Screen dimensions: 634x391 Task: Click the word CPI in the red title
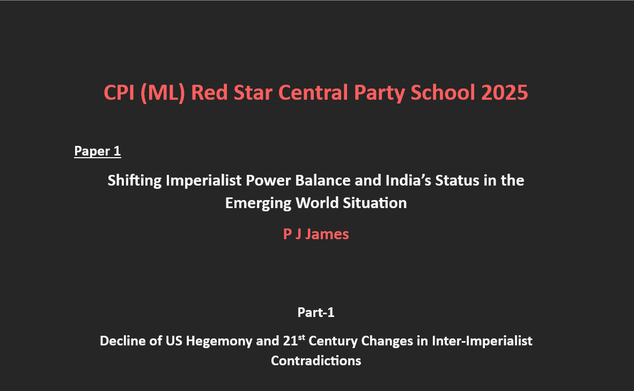point(119,93)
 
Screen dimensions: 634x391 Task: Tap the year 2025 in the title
point(505,93)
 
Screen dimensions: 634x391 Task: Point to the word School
point(443,93)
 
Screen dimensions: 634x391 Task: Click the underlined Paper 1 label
point(98,151)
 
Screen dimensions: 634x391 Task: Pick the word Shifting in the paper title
point(135,180)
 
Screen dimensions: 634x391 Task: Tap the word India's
point(408,180)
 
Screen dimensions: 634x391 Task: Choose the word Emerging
point(258,203)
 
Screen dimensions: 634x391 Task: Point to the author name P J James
point(316,234)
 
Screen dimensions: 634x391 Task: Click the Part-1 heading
point(316,312)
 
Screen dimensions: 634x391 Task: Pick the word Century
point(333,341)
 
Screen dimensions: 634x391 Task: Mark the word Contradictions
point(316,360)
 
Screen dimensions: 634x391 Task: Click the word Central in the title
point(313,93)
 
